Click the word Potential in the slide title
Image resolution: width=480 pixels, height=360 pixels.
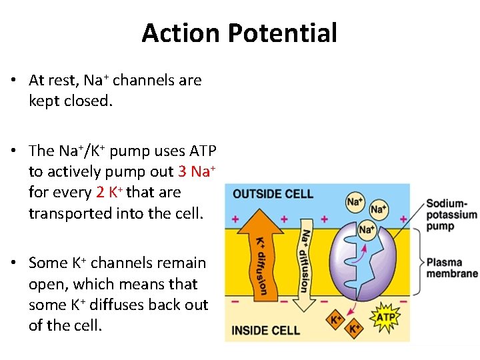pos(287,33)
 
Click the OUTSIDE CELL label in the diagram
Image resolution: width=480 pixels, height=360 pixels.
pos(273,194)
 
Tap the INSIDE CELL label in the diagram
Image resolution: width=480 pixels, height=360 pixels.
pos(266,329)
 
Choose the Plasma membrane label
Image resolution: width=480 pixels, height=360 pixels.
pos(452,268)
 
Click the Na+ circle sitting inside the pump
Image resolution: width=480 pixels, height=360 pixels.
pos(366,230)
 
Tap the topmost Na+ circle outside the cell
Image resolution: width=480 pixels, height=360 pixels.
pos(354,201)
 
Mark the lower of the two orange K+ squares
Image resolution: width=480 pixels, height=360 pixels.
pos(355,328)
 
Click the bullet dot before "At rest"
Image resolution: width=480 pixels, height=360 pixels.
pos(14,81)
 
